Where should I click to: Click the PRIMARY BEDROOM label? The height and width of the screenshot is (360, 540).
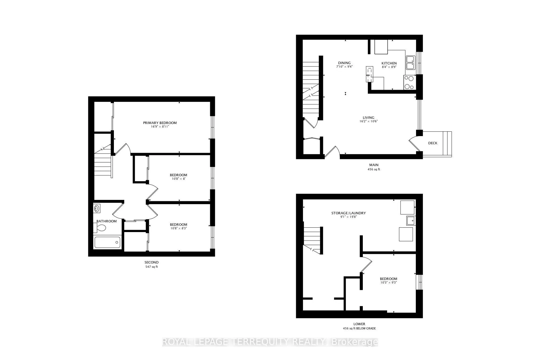(160, 123)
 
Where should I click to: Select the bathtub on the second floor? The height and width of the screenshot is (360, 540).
(107, 242)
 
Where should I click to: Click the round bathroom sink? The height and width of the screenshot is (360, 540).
(97, 208)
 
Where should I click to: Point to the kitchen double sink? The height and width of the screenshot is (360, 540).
(410, 63)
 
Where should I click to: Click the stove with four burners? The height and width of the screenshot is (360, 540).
(409, 82)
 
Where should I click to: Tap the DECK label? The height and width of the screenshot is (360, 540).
(432, 143)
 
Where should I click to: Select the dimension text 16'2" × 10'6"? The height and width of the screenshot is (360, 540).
(368, 121)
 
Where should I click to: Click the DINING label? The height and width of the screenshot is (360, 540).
(344, 63)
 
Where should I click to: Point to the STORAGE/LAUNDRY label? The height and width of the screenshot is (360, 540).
(348, 213)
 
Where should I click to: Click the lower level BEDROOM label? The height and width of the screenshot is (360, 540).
(388, 279)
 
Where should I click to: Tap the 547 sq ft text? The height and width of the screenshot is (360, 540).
(151, 267)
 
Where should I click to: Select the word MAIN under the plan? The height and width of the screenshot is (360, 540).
(374, 165)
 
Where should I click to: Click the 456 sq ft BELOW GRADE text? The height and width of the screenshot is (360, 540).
(359, 328)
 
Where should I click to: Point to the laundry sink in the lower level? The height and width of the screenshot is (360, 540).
(410, 220)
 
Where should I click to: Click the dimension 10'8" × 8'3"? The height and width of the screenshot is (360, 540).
(178, 228)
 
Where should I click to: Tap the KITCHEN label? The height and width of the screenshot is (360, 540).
(389, 63)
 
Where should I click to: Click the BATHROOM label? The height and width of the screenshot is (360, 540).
(106, 221)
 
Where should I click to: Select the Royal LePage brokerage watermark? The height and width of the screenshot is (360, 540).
(270, 342)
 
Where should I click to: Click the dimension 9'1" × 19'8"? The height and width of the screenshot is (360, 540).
(348, 217)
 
